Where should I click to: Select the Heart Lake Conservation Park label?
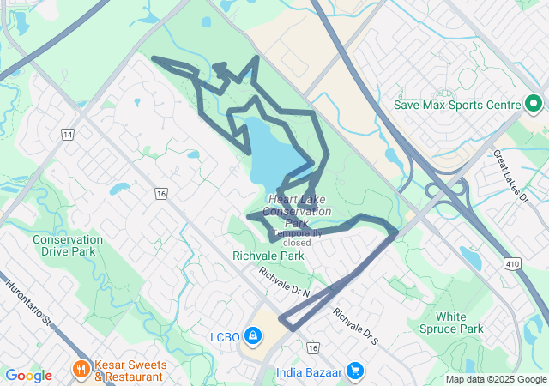tap(297, 205)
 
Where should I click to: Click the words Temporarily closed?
tap(297, 237)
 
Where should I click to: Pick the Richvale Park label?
tap(268, 256)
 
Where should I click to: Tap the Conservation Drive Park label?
tap(68, 245)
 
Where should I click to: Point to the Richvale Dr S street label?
tap(355, 326)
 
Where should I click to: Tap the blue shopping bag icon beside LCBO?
tap(253, 335)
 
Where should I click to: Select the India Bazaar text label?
tap(309, 372)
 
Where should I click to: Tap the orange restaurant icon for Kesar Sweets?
tap(81, 370)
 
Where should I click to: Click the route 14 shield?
tap(67, 135)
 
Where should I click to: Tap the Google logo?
tap(28, 375)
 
